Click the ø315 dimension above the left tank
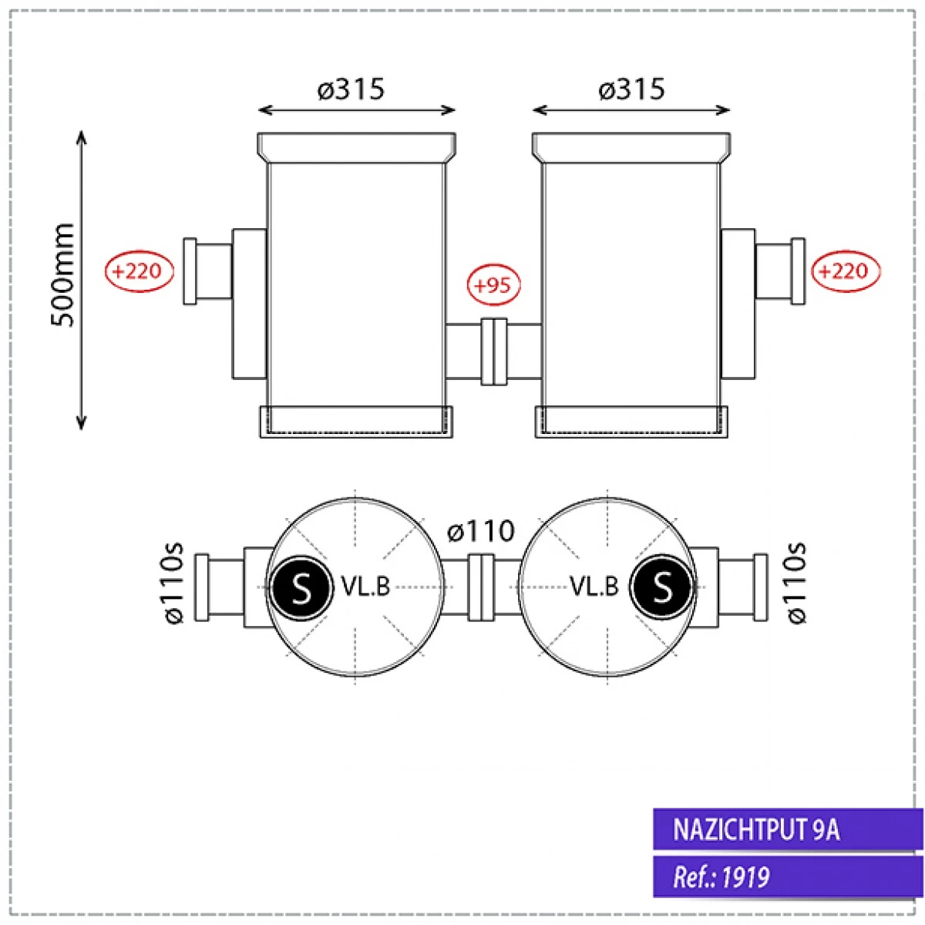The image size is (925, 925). (x=351, y=89)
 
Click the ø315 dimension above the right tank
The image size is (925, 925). (x=631, y=89)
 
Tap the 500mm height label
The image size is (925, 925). (x=63, y=274)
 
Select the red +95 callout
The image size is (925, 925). (x=493, y=285)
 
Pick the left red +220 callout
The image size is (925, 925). (x=140, y=271)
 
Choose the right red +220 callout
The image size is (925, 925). (x=846, y=271)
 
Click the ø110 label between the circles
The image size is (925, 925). (x=481, y=531)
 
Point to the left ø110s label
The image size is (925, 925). (x=175, y=583)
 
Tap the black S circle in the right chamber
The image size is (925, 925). (x=661, y=589)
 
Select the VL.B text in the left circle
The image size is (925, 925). (x=365, y=587)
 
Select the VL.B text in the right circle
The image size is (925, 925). (x=594, y=587)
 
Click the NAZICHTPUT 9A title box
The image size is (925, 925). (x=788, y=829)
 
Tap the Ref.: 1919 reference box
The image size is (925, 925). (x=788, y=877)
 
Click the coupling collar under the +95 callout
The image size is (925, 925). (x=493, y=351)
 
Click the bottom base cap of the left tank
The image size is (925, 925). (x=355, y=422)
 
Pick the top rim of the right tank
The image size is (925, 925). (x=631, y=146)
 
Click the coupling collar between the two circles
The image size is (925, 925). (x=481, y=587)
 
